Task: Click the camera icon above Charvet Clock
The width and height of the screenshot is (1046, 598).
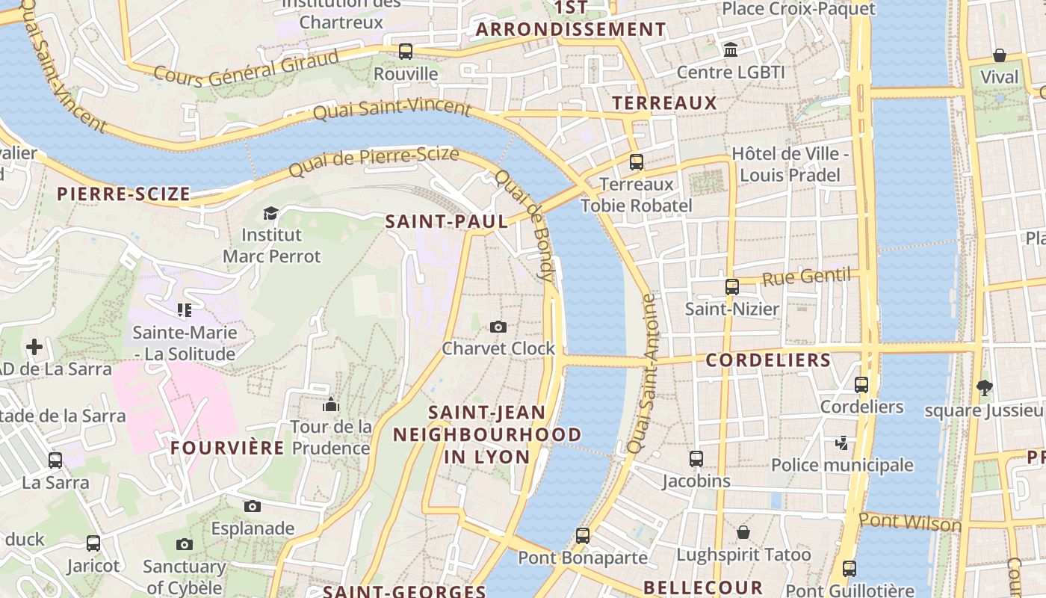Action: point(498,327)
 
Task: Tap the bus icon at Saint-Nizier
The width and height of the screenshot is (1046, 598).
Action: point(732,287)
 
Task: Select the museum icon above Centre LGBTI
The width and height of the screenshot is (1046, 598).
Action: point(731,50)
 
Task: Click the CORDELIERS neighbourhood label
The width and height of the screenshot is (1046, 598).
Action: point(768,360)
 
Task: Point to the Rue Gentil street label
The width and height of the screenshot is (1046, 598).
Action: point(806,277)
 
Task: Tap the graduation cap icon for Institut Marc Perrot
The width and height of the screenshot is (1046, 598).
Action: point(270,214)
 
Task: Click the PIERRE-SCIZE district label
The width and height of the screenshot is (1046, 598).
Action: point(124,194)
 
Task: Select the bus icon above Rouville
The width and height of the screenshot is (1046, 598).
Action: point(406,52)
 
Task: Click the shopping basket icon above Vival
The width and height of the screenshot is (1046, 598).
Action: point(999,55)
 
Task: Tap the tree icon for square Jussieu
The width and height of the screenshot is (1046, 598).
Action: point(985,387)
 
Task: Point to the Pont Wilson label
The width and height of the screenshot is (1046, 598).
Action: point(910,522)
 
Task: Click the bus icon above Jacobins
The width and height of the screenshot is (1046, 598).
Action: point(696,459)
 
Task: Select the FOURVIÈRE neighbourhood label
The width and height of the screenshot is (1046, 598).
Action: point(227,448)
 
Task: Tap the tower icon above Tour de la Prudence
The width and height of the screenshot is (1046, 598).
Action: point(331,405)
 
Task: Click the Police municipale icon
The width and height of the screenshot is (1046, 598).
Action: point(842,443)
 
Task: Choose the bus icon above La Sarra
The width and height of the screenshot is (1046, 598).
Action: point(55,460)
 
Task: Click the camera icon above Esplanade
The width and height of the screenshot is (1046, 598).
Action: point(253,506)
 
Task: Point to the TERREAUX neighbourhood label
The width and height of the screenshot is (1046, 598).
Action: point(664,103)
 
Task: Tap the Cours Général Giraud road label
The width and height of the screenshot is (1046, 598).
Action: point(246,68)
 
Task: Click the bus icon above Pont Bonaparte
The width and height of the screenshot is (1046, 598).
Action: point(583,535)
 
